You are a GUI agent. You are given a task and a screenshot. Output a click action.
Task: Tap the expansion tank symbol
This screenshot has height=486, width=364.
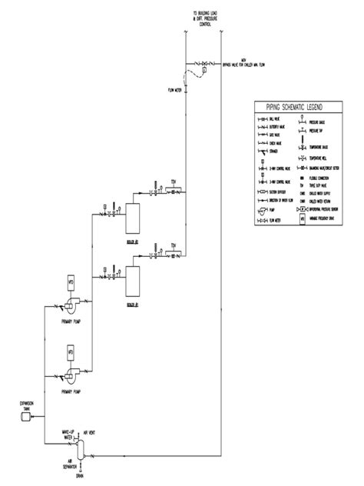[x=25, y=416]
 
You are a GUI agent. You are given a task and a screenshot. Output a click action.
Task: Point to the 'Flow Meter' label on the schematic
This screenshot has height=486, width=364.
[x=174, y=91]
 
